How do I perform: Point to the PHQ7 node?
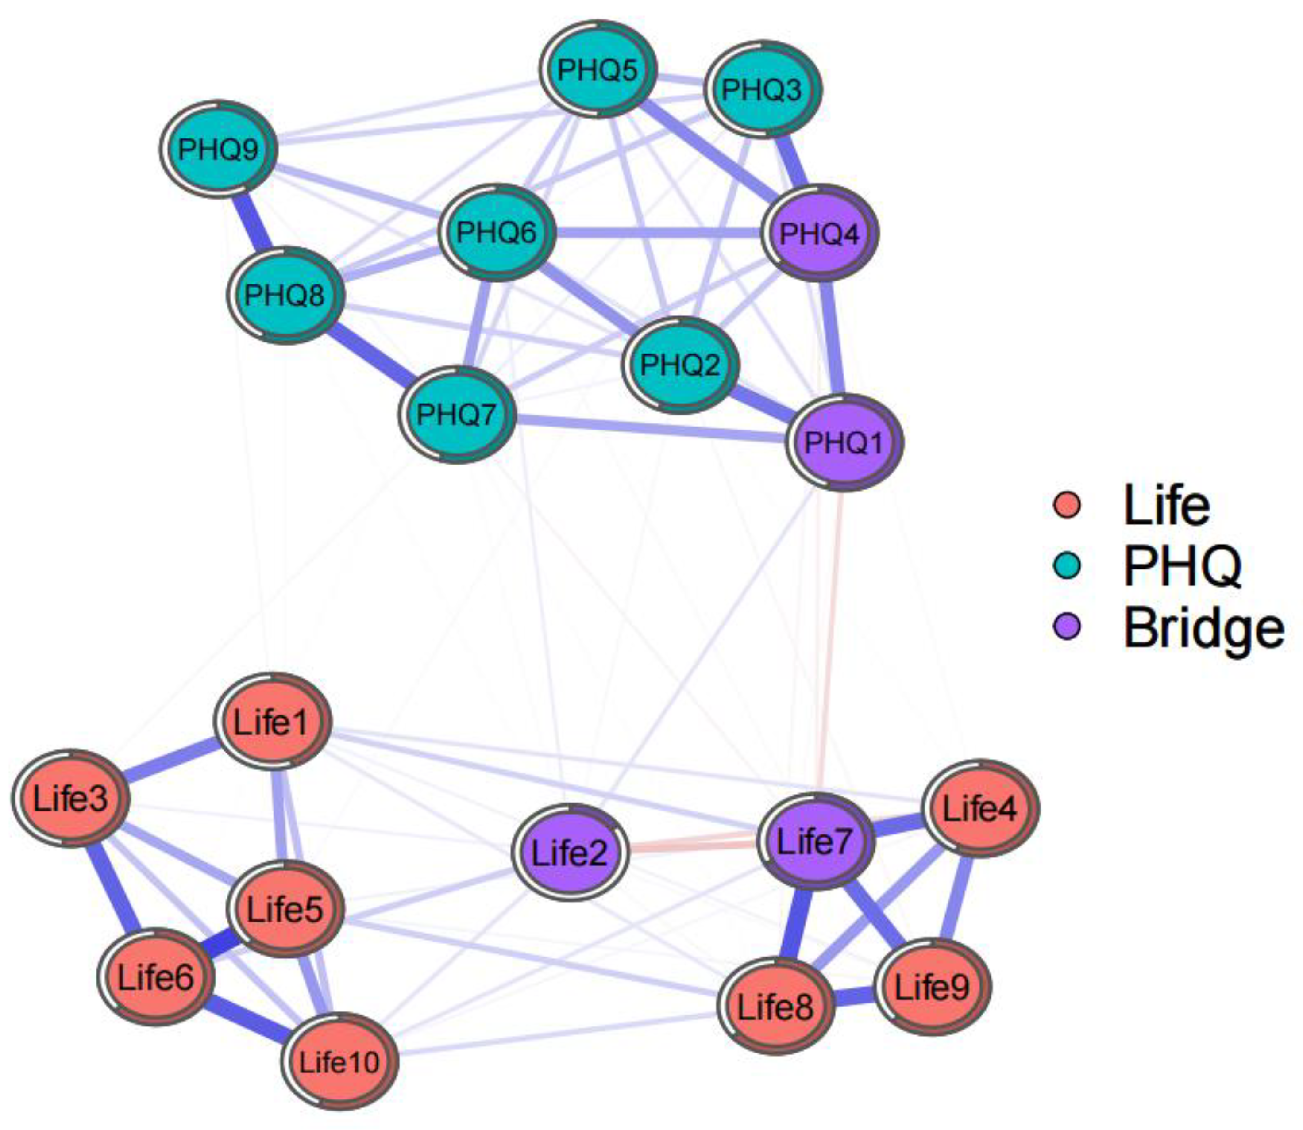click(x=457, y=414)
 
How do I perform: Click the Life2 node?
click(x=570, y=853)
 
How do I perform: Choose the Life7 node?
click(x=815, y=841)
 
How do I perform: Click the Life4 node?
click(x=979, y=808)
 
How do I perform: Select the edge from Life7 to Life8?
click(x=794, y=924)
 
